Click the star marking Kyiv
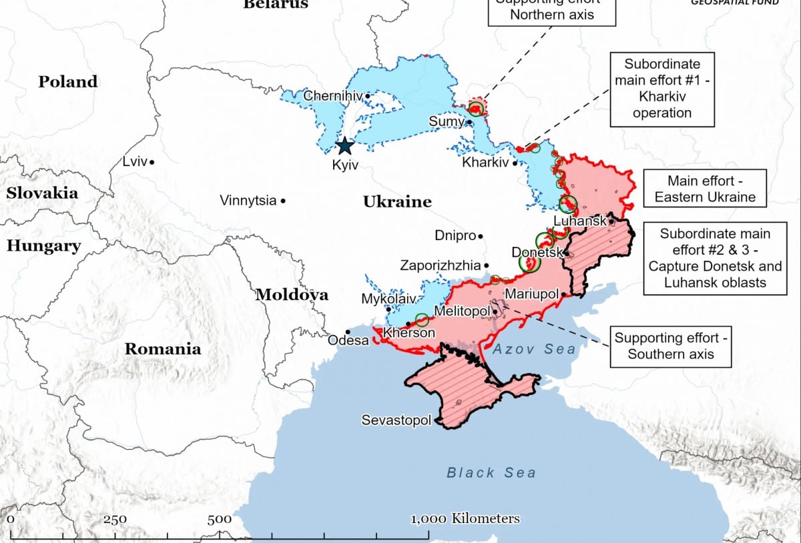pyautogui.click(x=345, y=146)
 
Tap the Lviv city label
pyautogui.click(x=135, y=161)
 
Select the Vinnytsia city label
pyautogui.click(x=248, y=200)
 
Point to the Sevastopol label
pyautogui.click(x=396, y=420)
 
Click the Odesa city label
pyautogui.click(x=348, y=340)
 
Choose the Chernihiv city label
pyautogui.click(x=332, y=96)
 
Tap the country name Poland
pyautogui.click(x=67, y=82)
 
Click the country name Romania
pyautogui.click(x=163, y=349)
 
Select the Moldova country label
pyautogui.click(x=292, y=295)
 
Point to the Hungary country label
pyautogui.click(x=43, y=245)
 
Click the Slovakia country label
pyautogui.click(x=42, y=193)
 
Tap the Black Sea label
pyautogui.click(x=491, y=473)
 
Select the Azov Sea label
pyautogui.click(x=534, y=349)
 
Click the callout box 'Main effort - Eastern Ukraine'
pyautogui.click(x=705, y=189)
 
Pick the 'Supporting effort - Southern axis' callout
pyautogui.click(x=670, y=346)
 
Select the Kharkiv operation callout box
pyautogui.click(x=661, y=89)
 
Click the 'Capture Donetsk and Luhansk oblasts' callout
pyautogui.click(x=714, y=258)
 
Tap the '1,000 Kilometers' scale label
pyautogui.click(x=465, y=519)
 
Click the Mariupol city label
pyautogui.click(x=531, y=294)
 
